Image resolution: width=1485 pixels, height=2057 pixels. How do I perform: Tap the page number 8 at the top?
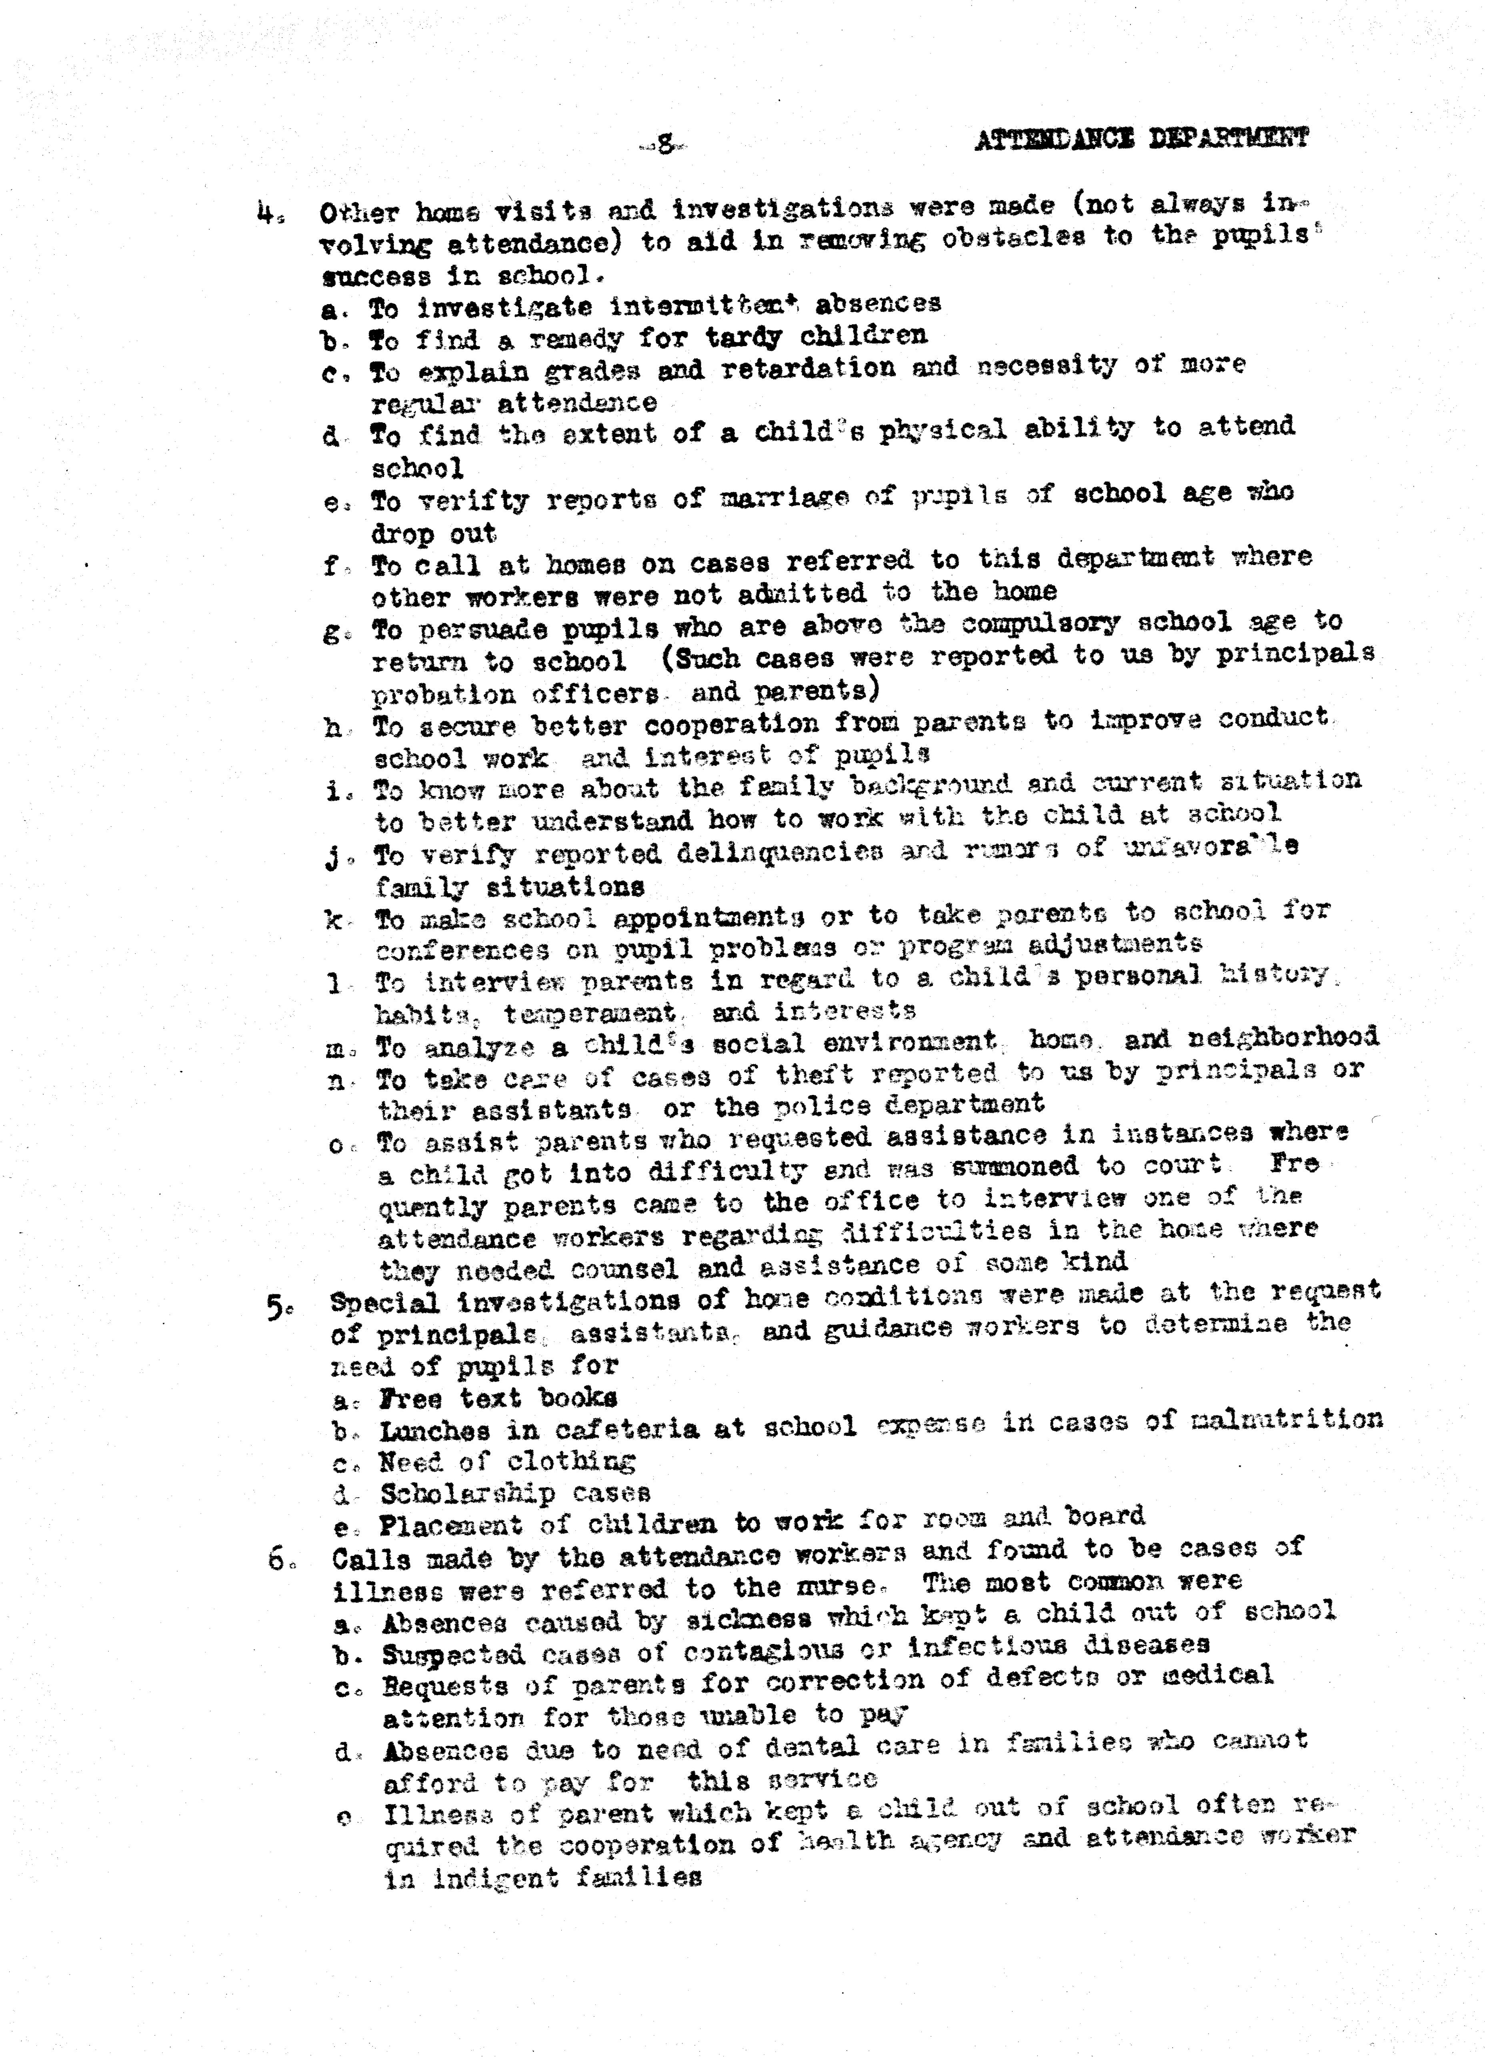click(x=664, y=142)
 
